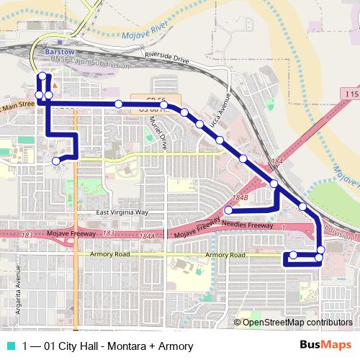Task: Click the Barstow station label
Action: [58, 53]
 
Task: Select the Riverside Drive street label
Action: [166, 58]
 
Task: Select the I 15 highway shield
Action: [351, 94]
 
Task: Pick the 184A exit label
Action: [147, 235]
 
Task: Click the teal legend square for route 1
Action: [9, 346]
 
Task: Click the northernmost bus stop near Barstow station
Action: [42, 76]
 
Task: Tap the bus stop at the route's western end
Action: [56, 161]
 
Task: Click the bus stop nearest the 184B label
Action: [228, 210]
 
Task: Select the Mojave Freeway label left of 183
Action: [71, 235]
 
